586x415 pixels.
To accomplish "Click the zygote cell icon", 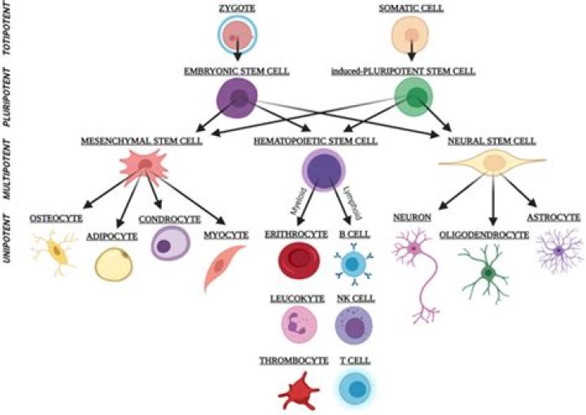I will coord(236,35).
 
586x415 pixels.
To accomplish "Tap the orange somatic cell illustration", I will coord(413,35).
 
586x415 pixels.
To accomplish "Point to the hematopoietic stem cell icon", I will coord(323,173).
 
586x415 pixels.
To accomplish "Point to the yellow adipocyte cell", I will coord(114,263).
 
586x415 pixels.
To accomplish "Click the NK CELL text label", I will coord(356,299).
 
